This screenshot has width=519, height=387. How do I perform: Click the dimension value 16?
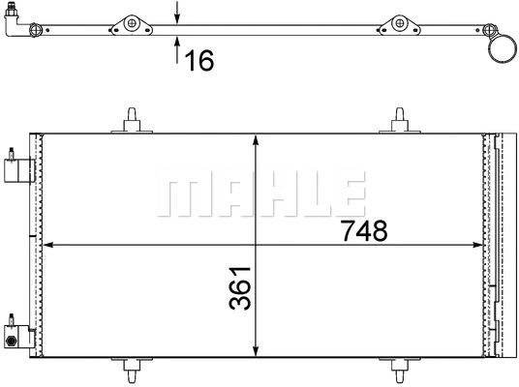coord(199,60)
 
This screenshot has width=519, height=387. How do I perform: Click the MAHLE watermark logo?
coord(259,195)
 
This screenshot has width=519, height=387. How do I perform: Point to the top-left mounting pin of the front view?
coord(131,120)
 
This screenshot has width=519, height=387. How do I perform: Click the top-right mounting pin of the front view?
coord(398,120)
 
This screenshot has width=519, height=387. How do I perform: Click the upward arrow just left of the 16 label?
coord(177,50)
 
